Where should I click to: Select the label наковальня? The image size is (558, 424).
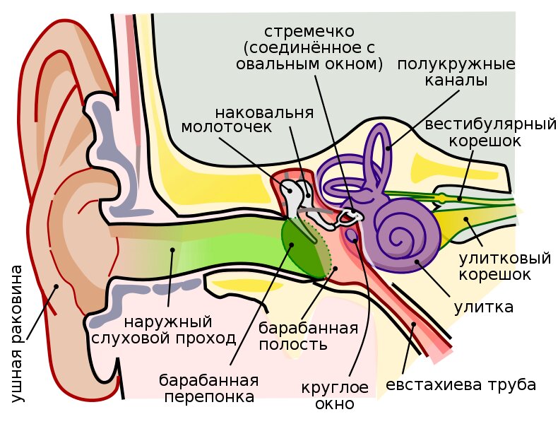[x=264, y=112]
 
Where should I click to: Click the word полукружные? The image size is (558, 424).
[x=456, y=64]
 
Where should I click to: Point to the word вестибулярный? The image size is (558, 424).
[x=491, y=125]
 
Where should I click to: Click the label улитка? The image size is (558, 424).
[x=483, y=307]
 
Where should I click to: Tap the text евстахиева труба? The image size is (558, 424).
[x=461, y=385]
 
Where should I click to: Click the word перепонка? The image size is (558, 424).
[x=209, y=396]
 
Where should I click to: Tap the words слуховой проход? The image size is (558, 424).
[x=164, y=338]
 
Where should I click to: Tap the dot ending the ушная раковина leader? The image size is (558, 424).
[x=57, y=287]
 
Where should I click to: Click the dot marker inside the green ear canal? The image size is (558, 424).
[x=170, y=249]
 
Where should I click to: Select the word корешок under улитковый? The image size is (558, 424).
[x=494, y=274]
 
